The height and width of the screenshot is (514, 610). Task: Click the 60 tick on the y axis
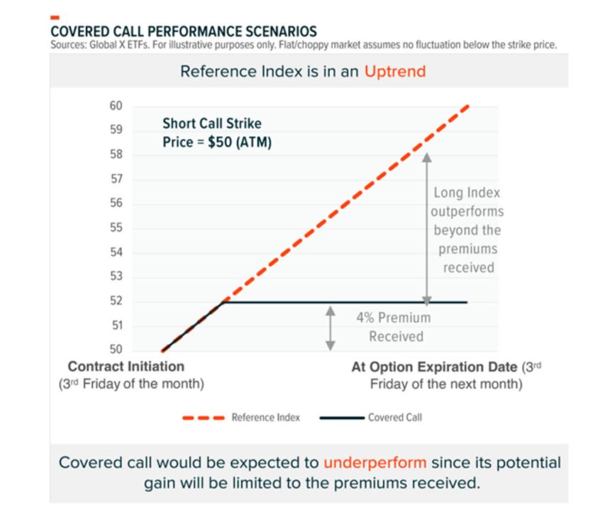pos(116,106)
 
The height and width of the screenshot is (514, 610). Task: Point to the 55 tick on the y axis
pos(116,228)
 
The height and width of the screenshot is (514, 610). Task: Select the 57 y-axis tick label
pos(116,179)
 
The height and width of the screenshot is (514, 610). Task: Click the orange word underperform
pos(375,463)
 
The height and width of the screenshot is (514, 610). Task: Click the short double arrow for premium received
pos(330,327)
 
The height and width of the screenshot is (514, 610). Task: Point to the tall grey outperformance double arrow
pos(427,227)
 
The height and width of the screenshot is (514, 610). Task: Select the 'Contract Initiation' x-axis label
pos(126,367)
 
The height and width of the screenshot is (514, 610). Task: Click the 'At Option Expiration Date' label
pos(434,367)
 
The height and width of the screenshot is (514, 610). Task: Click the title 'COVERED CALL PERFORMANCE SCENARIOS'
pos(184,32)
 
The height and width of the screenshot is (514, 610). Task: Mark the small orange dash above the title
pos(55,18)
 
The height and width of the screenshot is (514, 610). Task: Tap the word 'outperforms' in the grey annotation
pos(466,211)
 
